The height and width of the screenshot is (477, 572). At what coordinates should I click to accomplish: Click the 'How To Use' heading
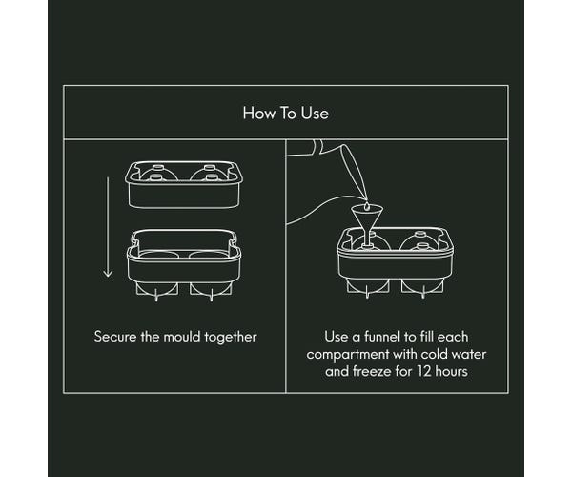pyautogui.click(x=286, y=114)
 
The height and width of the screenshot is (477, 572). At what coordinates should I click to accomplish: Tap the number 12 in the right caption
pyautogui.click(x=424, y=371)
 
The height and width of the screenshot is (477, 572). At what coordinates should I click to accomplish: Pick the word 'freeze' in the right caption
pyautogui.click(x=370, y=371)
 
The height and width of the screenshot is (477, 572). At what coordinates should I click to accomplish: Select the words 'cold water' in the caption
pyautogui.click(x=454, y=354)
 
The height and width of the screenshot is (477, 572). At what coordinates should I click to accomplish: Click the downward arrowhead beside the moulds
pyautogui.click(x=108, y=273)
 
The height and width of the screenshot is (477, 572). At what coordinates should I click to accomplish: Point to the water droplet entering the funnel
pyautogui.click(x=366, y=206)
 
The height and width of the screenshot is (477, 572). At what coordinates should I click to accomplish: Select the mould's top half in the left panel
pyautogui.click(x=184, y=185)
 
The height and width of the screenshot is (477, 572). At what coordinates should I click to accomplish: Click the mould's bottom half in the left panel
pyautogui.click(x=184, y=264)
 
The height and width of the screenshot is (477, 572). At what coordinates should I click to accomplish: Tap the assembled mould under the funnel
pyautogui.click(x=396, y=262)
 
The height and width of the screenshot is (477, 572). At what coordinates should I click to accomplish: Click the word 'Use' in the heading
pyautogui.click(x=315, y=114)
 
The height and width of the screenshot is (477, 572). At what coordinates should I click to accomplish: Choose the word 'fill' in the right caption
pyautogui.click(x=426, y=337)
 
